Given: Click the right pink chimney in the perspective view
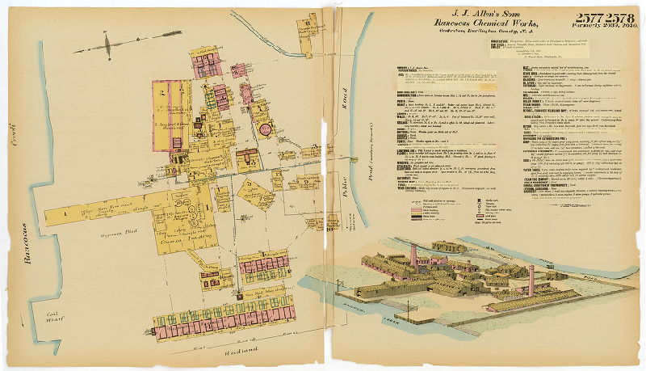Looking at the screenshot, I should [x=531, y=279].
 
